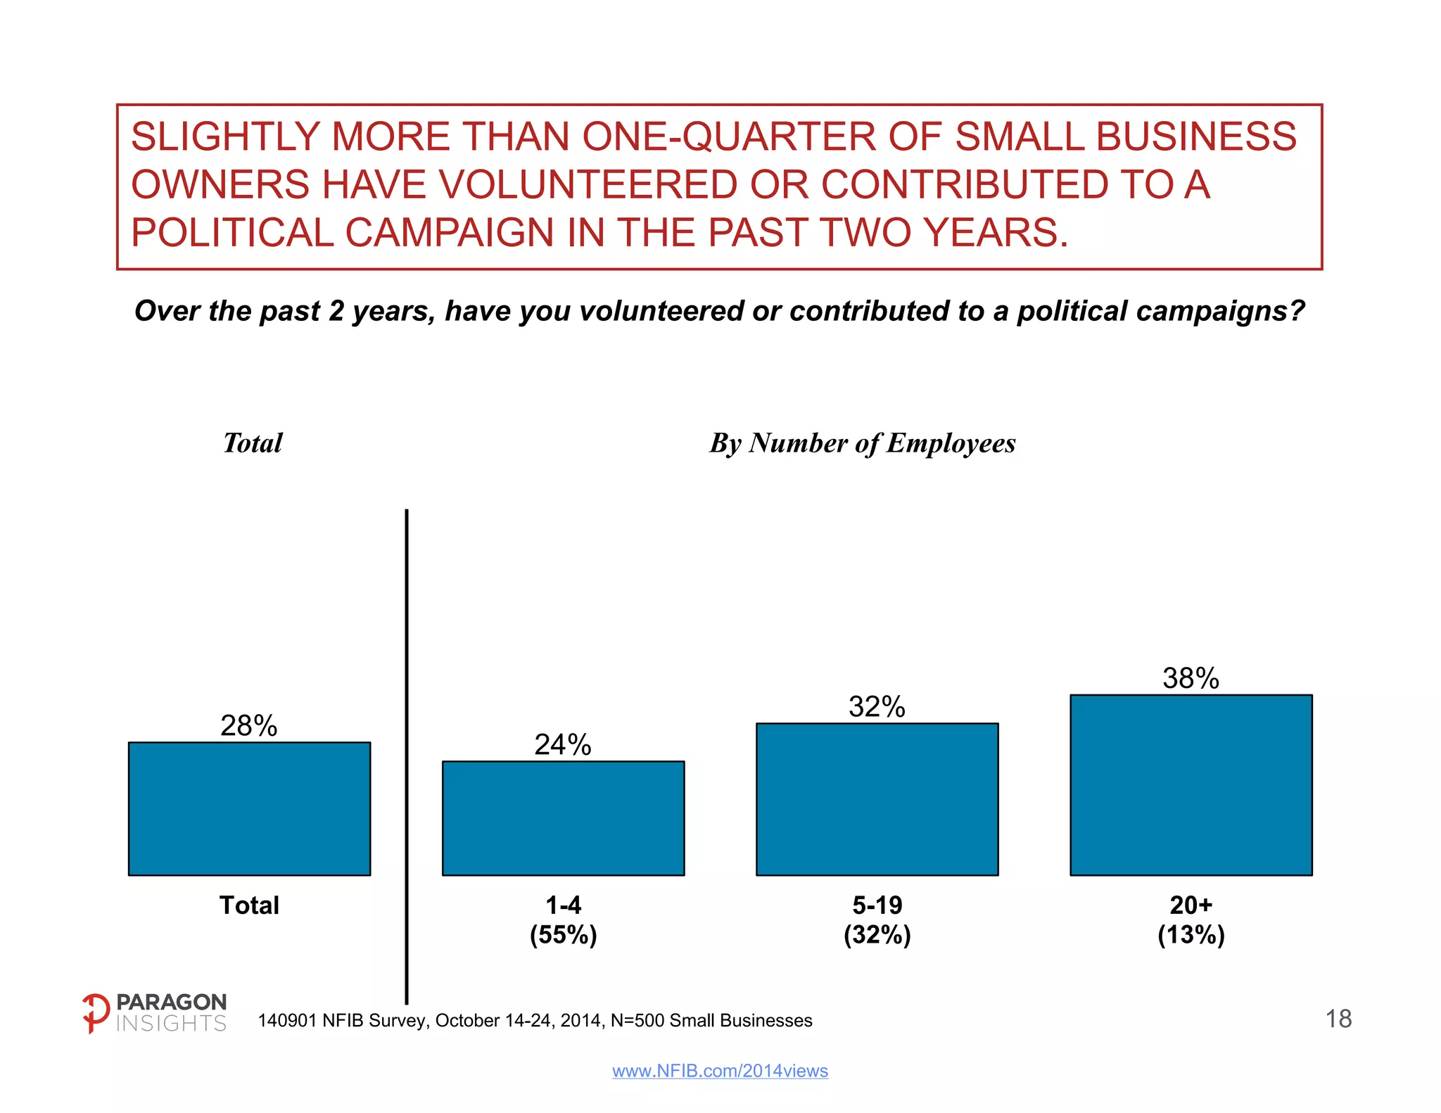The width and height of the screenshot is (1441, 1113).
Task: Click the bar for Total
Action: (x=249, y=808)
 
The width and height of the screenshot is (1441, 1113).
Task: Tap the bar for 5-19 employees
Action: (x=877, y=799)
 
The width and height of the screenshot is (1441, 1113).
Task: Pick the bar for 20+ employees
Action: (x=1191, y=785)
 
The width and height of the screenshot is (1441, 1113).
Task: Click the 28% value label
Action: (x=249, y=726)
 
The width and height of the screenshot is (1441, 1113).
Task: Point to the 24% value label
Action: (x=563, y=745)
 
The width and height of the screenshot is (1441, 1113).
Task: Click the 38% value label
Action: (x=1191, y=679)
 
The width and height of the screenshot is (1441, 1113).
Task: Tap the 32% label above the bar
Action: (x=877, y=707)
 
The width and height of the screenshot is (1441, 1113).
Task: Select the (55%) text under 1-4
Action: (x=563, y=935)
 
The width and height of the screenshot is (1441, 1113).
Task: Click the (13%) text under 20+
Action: (x=1191, y=935)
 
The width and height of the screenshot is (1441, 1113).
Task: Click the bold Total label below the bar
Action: (x=249, y=905)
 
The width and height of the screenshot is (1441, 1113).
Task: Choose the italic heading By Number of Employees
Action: (x=862, y=443)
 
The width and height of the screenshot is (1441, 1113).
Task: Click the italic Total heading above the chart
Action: (x=253, y=443)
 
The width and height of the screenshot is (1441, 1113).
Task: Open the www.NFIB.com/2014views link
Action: (x=720, y=1071)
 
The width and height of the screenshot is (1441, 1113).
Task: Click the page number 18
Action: (x=1338, y=1019)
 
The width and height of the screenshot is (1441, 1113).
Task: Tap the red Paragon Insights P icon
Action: (x=95, y=1012)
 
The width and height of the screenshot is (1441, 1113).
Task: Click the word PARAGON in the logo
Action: (x=171, y=1002)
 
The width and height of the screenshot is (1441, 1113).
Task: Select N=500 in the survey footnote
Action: (x=636, y=1021)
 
